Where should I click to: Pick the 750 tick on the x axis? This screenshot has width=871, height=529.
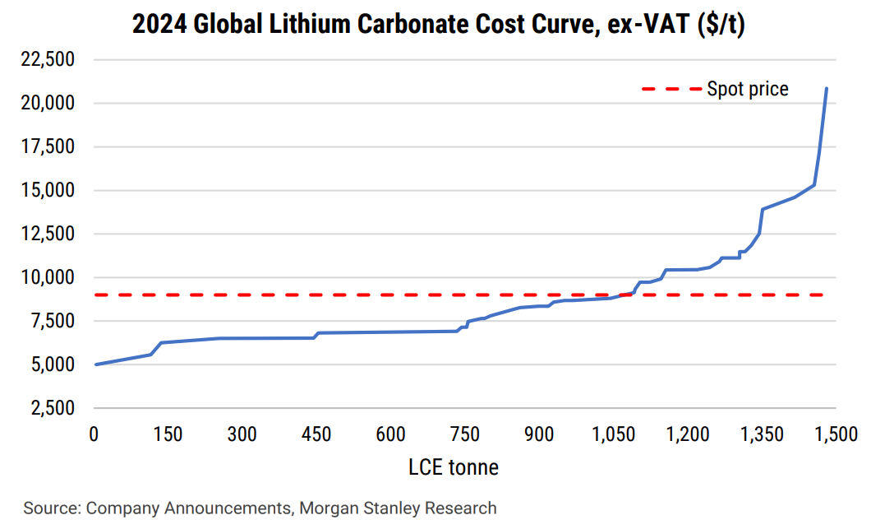pos(465,434)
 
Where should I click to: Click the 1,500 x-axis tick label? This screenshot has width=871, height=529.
pos(836,434)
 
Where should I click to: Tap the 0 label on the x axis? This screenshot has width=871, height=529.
pos(94,434)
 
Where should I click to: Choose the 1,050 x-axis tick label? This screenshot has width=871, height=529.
pos(613,434)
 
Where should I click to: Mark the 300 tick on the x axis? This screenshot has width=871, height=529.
pos(242,434)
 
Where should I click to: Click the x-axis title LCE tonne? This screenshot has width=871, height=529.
pos(454,467)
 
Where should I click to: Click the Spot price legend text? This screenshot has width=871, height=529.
pos(747,89)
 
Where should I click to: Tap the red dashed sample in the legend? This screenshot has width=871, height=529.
pos(669,89)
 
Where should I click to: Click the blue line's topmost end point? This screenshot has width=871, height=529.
pos(826,88)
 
